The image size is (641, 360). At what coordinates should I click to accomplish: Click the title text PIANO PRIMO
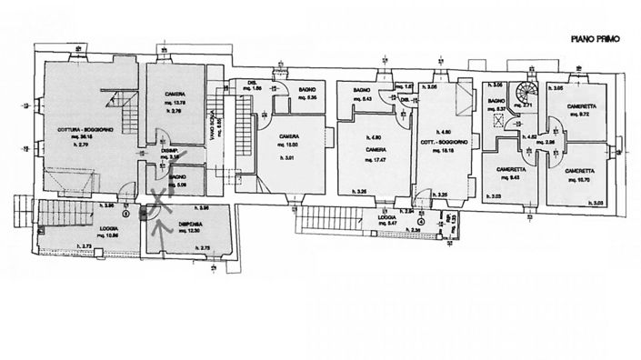(x=596, y=39)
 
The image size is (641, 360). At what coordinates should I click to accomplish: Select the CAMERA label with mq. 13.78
(x=175, y=95)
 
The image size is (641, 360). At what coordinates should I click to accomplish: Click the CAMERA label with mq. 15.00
(x=290, y=136)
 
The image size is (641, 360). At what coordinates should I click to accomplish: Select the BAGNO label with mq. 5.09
(x=177, y=176)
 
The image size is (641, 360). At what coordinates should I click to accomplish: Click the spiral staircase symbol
(x=525, y=93)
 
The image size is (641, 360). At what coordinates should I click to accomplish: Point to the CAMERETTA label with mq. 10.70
(x=576, y=170)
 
